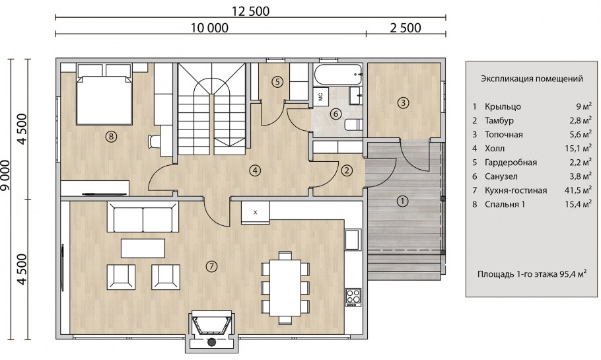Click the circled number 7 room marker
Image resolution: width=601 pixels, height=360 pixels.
pyautogui.click(x=211, y=266)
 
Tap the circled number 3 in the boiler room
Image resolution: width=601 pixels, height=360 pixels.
pyautogui.click(x=403, y=103)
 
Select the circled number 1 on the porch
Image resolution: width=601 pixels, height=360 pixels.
pyautogui.click(x=402, y=201)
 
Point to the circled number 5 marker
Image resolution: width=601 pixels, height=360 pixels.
pyautogui.click(x=277, y=81)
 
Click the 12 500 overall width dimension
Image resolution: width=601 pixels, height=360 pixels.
pyautogui.click(x=251, y=11)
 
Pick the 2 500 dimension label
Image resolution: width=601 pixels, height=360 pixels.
pyautogui.click(x=406, y=28)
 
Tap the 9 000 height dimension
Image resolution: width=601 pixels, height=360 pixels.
pyautogui.click(x=6, y=177)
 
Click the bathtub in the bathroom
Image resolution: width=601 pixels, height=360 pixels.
pyautogui.click(x=337, y=75)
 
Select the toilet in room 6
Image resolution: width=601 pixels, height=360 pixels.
pyautogui.click(x=353, y=125)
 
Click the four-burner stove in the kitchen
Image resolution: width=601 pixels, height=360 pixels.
pyautogui.click(x=353, y=297)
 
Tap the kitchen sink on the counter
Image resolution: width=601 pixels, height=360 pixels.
pyautogui.click(x=352, y=240)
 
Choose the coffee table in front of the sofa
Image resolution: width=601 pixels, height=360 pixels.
pyautogui.click(x=143, y=248)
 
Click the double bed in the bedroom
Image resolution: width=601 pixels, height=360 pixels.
pyautogui.click(x=104, y=94)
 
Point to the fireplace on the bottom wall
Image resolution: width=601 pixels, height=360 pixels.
pyautogui.click(x=211, y=329)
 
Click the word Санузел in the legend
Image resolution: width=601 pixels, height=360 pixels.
pyautogui.click(x=501, y=176)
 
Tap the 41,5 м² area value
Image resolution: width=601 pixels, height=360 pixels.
pyautogui.click(x=578, y=190)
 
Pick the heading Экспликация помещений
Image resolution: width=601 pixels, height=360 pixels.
pyautogui.click(x=532, y=79)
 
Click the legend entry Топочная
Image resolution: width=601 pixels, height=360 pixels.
pyautogui.click(x=504, y=135)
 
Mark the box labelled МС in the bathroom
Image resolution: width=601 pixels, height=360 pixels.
pyautogui.click(x=320, y=96)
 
